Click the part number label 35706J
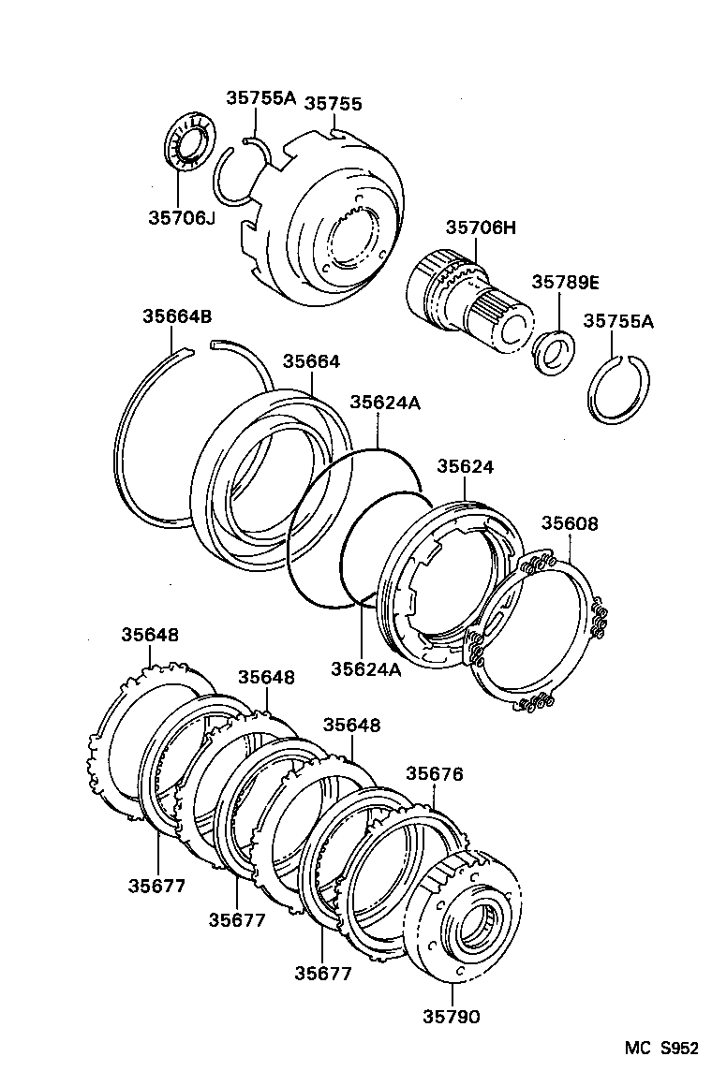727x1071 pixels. tap(181, 217)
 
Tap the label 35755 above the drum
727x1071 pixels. tap(333, 104)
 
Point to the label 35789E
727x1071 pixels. tap(565, 282)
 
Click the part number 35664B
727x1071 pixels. tap(176, 317)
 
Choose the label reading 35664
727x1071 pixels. tap(312, 361)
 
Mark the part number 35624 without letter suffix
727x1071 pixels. tap(466, 465)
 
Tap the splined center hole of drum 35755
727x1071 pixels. tap(354, 238)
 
